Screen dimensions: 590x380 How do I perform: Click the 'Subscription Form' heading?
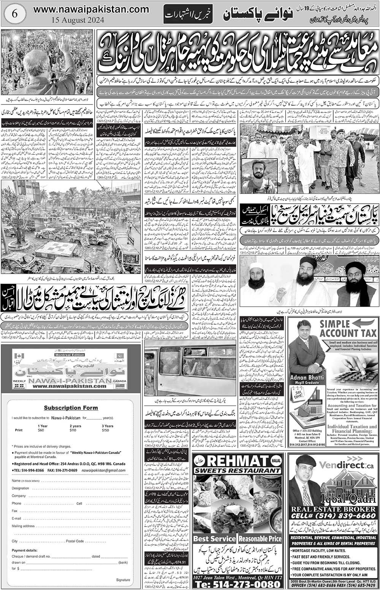coord(71,408)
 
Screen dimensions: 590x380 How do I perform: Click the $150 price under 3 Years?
coord(105,430)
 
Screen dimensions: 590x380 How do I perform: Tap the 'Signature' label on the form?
coord(123,580)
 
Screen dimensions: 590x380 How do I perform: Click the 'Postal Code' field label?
coord(74,541)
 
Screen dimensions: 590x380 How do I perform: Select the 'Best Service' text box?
coord(215,538)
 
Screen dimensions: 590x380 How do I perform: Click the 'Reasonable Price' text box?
coord(260,538)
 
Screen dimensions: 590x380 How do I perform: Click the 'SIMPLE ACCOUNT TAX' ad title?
coord(348,329)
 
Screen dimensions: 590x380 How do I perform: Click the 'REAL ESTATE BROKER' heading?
coord(333,509)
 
